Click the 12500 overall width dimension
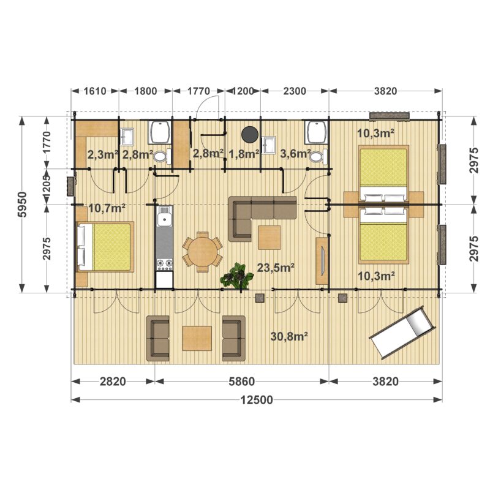click(257, 400)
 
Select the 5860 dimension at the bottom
click(241, 382)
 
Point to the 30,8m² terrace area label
click(289, 336)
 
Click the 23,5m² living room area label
click(276, 268)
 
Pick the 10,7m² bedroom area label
click(107, 208)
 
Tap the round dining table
click(203, 252)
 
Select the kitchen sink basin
click(164, 219)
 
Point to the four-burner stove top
click(164, 264)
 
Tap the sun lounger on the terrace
click(402, 333)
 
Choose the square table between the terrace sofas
click(197, 338)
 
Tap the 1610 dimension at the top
click(95, 91)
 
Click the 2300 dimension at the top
click(295, 91)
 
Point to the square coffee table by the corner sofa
click(269, 238)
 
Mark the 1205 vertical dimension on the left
click(47, 187)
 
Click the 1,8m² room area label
click(244, 154)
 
